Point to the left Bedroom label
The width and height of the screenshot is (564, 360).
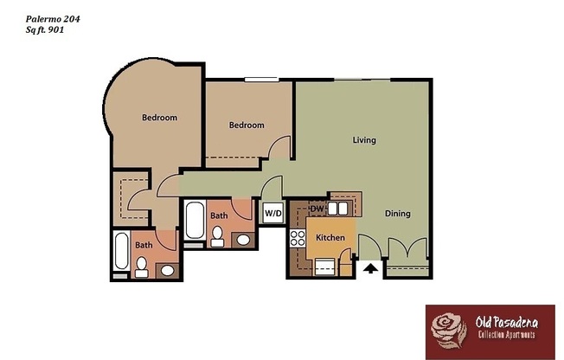(x=159, y=118)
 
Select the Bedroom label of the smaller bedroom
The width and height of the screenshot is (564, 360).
(x=246, y=125)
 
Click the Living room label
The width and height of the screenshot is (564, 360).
(x=363, y=139)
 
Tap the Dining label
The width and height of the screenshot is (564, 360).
(x=397, y=214)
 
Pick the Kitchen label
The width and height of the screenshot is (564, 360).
(x=330, y=237)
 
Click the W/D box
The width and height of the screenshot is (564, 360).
(x=272, y=212)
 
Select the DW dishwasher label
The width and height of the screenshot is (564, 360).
(x=317, y=208)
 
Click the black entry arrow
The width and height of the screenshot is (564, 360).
(x=370, y=269)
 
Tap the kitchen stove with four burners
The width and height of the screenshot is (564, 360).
(x=298, y=238)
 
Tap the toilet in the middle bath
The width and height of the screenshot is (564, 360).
(x=218, y=235)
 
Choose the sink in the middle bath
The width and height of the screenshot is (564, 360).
(x=244, y=240)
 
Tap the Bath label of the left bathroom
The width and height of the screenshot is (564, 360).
(x=144, y=246)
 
